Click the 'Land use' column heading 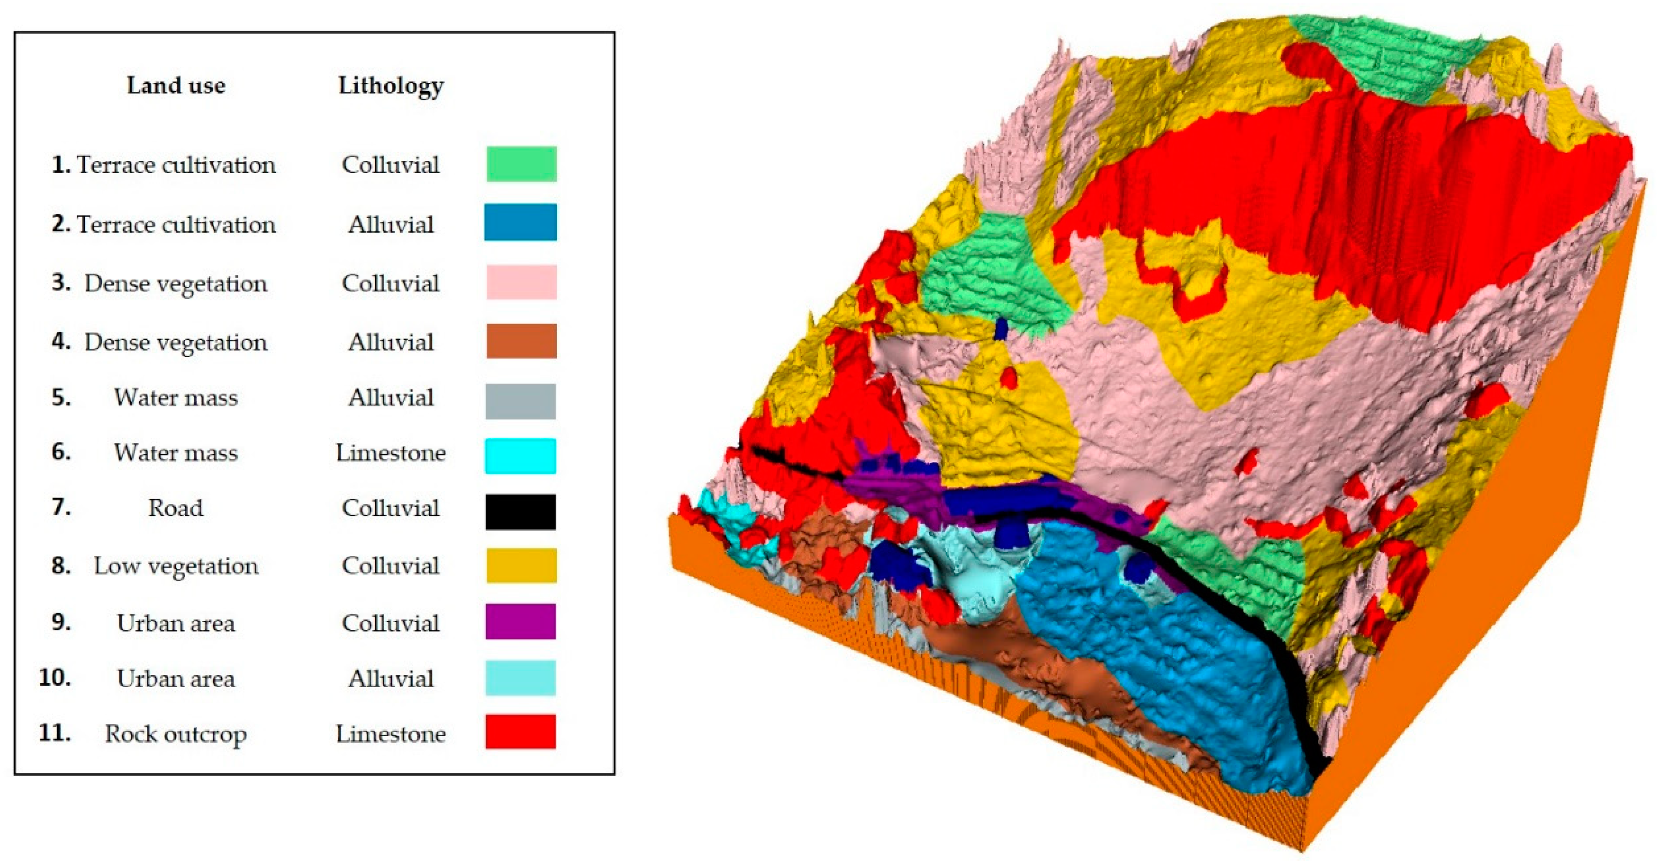tap(175, 86)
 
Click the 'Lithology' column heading tap(391, 86)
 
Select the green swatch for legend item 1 tap(521, 164)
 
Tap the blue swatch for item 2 tap(520, 222)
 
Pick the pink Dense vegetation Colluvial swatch tap(521, 282)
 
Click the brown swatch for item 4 tap(521, 341)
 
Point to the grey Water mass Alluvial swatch tap(520, 401)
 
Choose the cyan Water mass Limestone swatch tap(520, 456)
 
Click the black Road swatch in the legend tap(520, 511)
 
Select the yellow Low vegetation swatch tap(521, 566)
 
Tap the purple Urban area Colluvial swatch tap(520, 621)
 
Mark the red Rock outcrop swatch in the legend tap(520, 732)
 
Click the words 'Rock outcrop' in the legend tap(175, 734)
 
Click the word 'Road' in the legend tap(175, 508)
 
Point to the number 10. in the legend tap(55, 677)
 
